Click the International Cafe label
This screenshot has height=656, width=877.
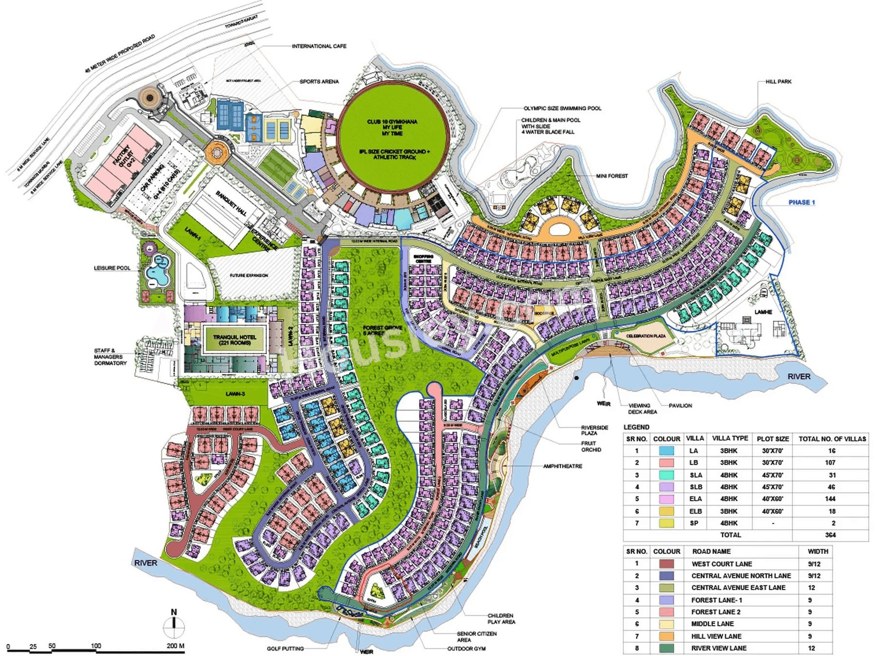click(319, 46)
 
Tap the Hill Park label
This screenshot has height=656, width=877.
click(778, 81)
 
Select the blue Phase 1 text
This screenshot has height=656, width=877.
click(801, 202)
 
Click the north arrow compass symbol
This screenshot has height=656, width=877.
click(174, 625)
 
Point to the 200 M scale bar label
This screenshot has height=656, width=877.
click(175, 646)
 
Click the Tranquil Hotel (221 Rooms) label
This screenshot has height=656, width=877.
click(234, 340)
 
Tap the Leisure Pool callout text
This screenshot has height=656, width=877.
click(112, 268)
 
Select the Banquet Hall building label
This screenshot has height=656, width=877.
click(230, 204)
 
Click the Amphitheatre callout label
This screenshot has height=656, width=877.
click(563, 466)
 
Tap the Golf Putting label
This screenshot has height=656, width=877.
click(285, 649)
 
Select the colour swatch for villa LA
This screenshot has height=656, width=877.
click(666, 451)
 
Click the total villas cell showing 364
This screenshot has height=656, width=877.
click(830, 535)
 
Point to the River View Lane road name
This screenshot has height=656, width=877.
click(719, 648)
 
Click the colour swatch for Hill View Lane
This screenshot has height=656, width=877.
click(666, 636)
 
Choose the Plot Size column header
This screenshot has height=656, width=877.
click(772, 439)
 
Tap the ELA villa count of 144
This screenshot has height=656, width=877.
click(830, 499)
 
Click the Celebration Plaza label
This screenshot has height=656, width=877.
click(646, 336)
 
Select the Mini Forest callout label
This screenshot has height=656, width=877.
click(611, 176)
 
